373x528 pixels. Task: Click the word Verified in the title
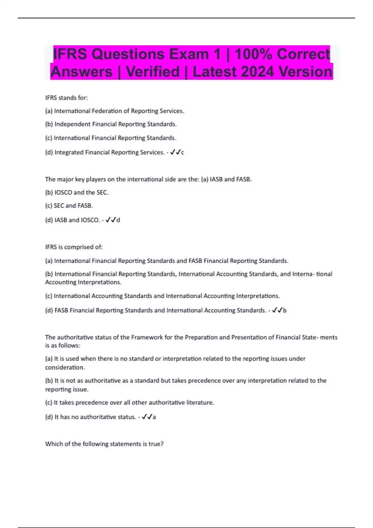point(153,72)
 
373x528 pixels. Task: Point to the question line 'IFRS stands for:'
point(67,98)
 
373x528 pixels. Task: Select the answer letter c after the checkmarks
point(182,152)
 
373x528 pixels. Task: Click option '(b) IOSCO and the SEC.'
point(77,193)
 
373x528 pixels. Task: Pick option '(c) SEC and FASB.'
point(69,206)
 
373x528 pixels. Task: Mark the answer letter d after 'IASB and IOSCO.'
point(118,220)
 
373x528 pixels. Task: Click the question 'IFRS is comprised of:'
point(74,247)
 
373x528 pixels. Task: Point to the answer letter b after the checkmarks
point(285,310)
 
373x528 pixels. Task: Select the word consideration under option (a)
point(65,367)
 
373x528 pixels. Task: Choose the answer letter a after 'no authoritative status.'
point(154,417)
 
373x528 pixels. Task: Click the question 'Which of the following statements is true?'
point(104,444)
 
